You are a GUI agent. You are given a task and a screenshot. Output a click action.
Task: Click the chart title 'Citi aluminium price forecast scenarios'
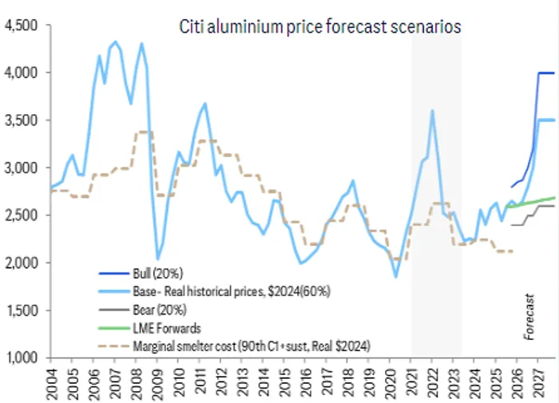(x=319, y=26)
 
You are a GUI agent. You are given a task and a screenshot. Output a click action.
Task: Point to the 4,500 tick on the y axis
(x=21, y=26)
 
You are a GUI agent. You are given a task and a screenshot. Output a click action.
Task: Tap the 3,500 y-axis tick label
(x=21, y=121)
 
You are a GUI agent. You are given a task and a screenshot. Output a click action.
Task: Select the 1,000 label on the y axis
(x=21, y=358)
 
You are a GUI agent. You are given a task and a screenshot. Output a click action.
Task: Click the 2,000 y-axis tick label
(x=21, y=263)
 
